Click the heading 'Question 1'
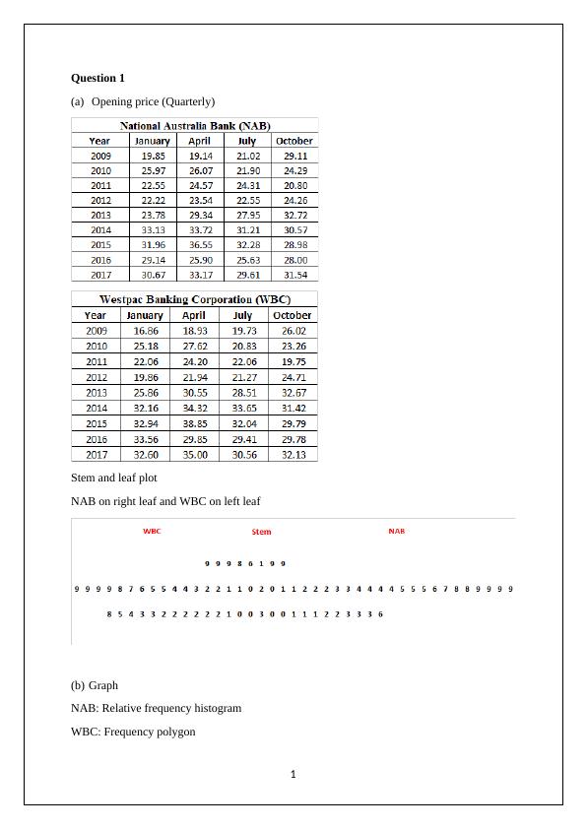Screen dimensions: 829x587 tap(98, 78)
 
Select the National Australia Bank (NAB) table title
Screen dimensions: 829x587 tap(195, 126)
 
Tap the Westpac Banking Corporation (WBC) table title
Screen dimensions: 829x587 tap(194, 298)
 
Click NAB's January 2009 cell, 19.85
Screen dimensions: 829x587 tap(153, 156)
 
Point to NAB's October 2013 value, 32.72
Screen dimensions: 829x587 tap(294, 215)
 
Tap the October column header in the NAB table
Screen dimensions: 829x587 tap(294, 141)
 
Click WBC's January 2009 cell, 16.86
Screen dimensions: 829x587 tap(145, 331)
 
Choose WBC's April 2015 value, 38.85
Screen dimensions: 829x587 tap(195, 423)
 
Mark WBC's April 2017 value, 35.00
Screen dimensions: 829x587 tap(195, 455)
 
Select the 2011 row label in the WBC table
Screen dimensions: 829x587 tap(97, 361)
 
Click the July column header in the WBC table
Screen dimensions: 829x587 tap(243, 315)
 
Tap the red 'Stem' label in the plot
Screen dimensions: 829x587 tap(261, 532)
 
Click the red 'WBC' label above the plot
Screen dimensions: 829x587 tap(152, 531)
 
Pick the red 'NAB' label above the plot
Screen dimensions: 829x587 tap(396, 531)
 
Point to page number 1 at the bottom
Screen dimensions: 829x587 tap(293, 774)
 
